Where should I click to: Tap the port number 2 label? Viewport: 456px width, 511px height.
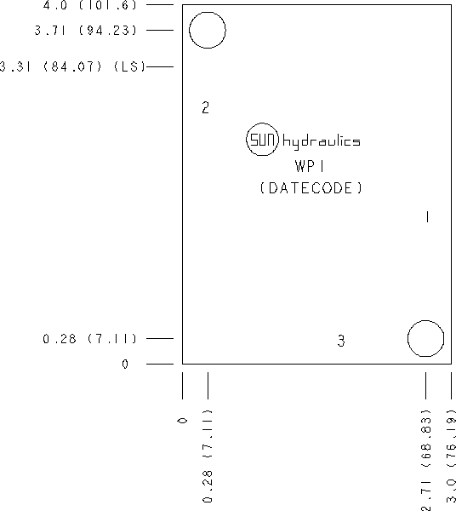(x=205, y=107)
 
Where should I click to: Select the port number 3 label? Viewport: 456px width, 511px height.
(x=341, y=341)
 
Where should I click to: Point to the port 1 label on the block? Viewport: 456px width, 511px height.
(x=427, y=217)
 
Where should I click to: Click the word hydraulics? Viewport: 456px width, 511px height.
(x=322, y=141)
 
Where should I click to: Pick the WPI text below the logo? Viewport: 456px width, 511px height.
(x=310, y=166)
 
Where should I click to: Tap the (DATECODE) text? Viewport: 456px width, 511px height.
(x=311, y=188)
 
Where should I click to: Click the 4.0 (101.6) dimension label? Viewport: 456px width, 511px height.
(x=90, y=5)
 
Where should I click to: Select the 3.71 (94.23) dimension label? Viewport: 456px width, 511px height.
(x=86, y=31)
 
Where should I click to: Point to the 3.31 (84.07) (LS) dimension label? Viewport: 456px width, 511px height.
(x=72, y=66)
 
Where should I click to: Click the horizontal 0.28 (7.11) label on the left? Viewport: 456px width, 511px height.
(x=90, y=339)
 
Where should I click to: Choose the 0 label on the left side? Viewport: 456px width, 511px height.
(x=125, y=364)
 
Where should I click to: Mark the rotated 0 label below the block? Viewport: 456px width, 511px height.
(x=183, y=421)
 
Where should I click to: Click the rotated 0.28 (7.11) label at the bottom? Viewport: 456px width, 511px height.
(x=208, y=456)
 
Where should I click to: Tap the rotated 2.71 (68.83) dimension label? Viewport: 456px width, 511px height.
(x=425, y=460)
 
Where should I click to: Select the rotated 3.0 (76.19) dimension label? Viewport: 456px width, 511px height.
(x=452, y=460)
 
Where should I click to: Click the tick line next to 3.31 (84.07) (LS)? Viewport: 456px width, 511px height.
(x=160, y=66)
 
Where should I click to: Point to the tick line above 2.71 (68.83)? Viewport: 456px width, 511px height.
(x=425, y=386)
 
